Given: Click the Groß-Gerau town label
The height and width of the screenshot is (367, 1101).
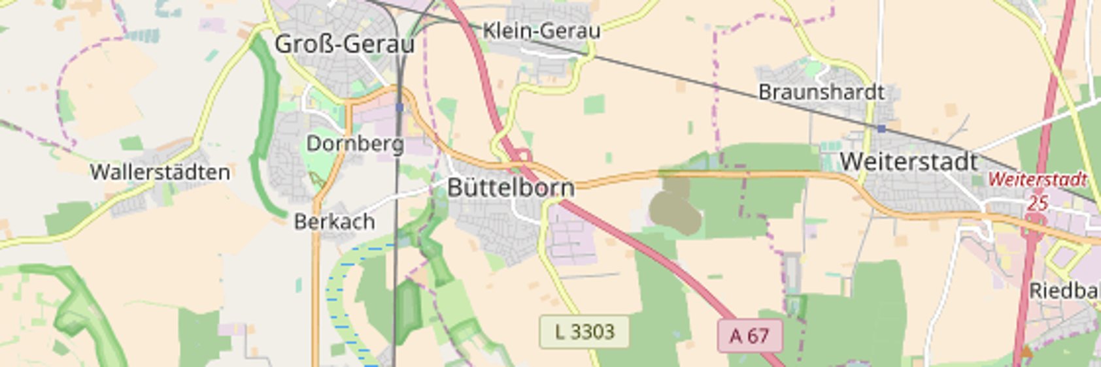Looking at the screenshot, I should pos(344,44).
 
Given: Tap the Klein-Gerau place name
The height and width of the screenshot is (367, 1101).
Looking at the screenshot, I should pos(541,30).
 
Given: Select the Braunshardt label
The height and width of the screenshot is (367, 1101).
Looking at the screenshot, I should pos(821,92).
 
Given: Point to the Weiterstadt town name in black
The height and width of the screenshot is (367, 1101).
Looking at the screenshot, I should pos(908,161).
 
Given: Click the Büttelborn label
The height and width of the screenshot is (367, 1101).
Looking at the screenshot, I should pos(511,188).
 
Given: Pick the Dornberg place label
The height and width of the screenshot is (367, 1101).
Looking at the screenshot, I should pos(354,143).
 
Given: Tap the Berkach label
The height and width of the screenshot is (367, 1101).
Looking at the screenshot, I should pos(334,222).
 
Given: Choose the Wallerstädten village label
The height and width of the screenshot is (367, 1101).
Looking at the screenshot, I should pos(160,172).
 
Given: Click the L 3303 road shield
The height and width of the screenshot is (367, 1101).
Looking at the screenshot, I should pos(584,332).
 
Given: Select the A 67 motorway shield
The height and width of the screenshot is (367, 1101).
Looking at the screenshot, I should pos(749,336).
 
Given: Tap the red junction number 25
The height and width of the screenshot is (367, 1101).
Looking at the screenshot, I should pos(1037,202).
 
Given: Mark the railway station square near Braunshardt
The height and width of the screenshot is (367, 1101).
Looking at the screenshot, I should pos(881,129).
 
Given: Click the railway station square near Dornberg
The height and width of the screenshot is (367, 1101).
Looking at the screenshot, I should pos(399,107).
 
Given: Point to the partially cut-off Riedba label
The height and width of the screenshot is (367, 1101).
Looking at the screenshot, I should pos(1064,291).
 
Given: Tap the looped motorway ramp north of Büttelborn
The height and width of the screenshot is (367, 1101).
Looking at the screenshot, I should pos(521,155).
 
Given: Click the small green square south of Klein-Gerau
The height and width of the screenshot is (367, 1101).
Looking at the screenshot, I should pos(594,104).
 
